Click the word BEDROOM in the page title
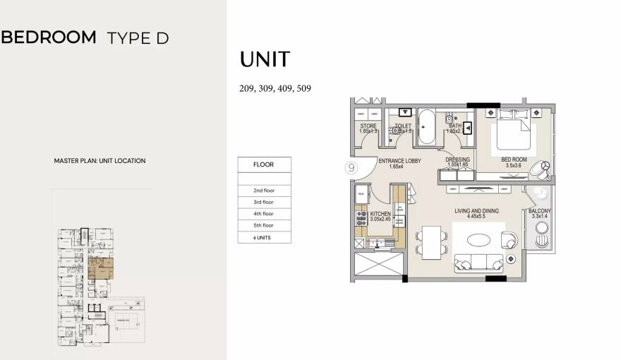click(49, 37)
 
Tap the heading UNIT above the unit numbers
click(265, 59)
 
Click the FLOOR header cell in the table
click(263, 164)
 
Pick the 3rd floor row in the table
click(263, 202)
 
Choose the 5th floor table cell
click(263, 225)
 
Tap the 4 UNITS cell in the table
click(263, 237)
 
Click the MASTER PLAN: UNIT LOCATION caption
click(100, 161)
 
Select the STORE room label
click(368, 126)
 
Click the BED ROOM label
click(514, 160)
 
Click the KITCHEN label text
click(380, 213)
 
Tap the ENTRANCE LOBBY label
click(399, 161)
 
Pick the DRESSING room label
click(457, 160)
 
